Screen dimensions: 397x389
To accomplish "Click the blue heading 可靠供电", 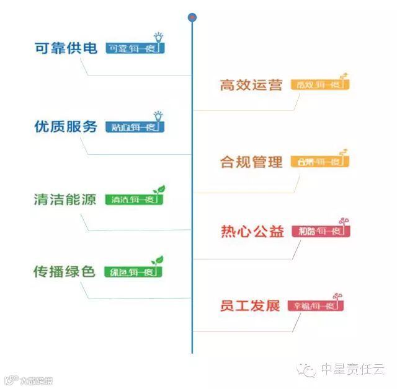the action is [x=66, y=48].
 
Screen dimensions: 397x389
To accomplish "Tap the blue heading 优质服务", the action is [x=66, y=126].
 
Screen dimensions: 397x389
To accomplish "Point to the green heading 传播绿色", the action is [x=65, y=271].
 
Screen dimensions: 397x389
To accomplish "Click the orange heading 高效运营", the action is [x=251, y=85].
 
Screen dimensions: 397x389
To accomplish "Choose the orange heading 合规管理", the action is [x=251, y=162].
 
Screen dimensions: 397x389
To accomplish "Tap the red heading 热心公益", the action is [x=252, y=232].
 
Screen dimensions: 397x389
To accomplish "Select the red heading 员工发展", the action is [x=250, y=305].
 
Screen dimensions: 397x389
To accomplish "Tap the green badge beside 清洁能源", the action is [x=132, y=199].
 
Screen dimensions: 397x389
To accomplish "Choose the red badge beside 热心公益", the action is [x=320, y=232].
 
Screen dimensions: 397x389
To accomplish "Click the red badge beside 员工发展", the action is [x=314, y=305].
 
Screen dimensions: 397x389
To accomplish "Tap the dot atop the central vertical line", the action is [x=192, y=17].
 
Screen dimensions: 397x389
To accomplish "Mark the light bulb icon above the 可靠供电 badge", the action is [x=158, y=37].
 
